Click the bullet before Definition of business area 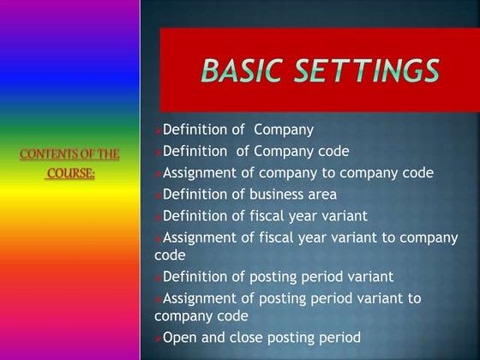[x=158, y=195]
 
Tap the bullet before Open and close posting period [x=158, y=339]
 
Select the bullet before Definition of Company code [x=158, y=153]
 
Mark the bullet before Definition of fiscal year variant [x=158, y=216]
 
